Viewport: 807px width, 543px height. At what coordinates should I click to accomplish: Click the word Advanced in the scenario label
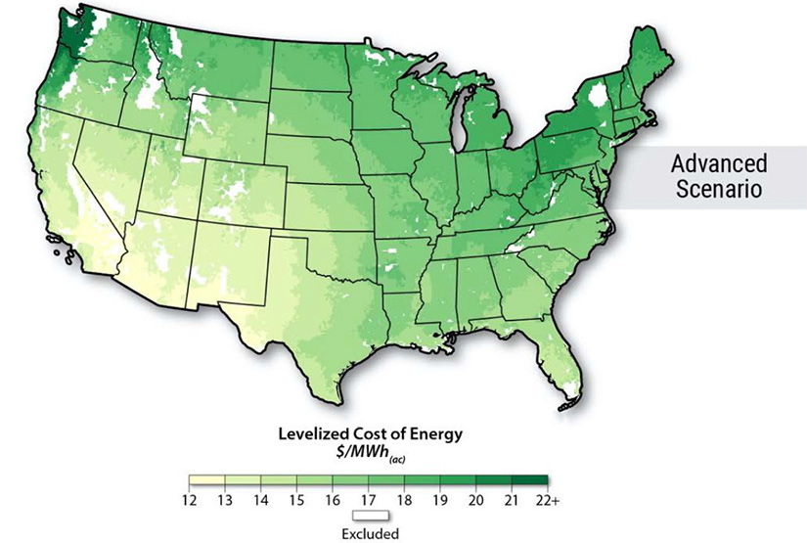tap(717, 162)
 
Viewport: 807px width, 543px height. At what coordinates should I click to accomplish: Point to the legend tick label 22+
tap(548, 501)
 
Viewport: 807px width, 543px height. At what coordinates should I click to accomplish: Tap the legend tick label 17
tap(368, 501)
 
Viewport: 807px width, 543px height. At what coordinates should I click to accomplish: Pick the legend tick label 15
tap(296, 501)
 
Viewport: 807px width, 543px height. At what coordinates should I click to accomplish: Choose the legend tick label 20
tap(475, 501)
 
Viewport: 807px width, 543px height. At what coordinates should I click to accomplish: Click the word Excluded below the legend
tap(369, 533)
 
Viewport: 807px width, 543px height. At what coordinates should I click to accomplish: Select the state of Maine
tap(634, 73)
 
